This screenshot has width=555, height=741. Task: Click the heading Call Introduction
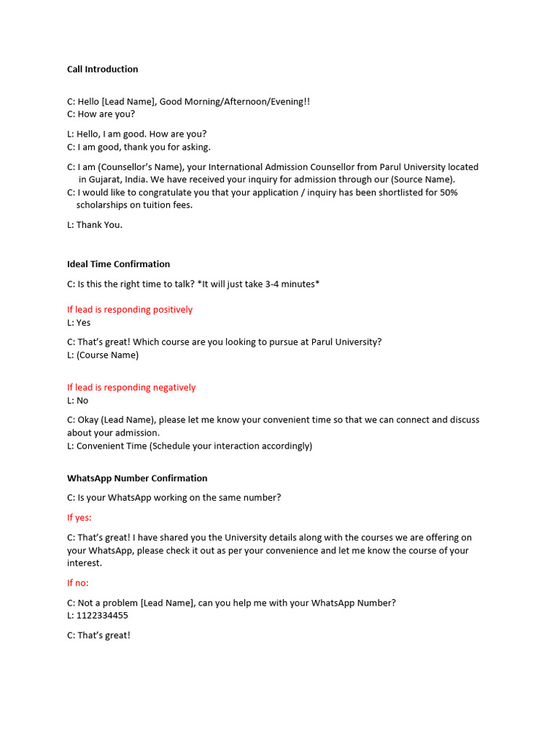coord(103,69)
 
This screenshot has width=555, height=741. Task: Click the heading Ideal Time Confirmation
coord(119,264)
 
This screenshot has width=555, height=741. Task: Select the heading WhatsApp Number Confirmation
coord(137,478)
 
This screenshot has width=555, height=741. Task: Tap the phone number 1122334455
coord(103,616)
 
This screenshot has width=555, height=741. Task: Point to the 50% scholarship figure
coord(449,192)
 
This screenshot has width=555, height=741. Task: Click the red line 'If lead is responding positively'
coord(130,310)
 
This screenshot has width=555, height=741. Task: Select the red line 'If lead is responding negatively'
coord(132,388)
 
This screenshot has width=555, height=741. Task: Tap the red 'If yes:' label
coord(79,518)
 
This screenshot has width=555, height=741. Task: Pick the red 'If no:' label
coord(78,583)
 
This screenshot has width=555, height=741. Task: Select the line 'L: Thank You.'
coord(95,225)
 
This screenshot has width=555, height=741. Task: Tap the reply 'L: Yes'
coord(79,323)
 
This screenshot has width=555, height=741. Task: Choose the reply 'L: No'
coord(78,401)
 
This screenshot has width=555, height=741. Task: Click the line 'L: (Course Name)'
coord(103,355)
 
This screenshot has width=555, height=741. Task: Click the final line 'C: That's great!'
coord(99,635)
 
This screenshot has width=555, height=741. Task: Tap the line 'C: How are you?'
coord(101,114)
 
